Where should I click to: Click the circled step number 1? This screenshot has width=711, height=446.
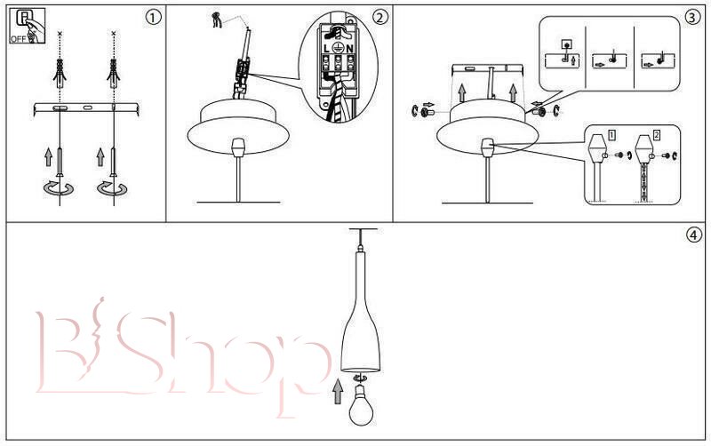[153, 17]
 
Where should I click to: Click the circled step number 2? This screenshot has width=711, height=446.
[380, 17]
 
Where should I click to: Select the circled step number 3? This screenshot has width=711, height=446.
[692, 17]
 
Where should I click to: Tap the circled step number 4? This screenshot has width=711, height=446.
[694, 235]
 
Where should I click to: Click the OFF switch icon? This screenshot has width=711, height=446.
[27, 26]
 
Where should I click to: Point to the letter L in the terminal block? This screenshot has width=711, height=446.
[327, 48]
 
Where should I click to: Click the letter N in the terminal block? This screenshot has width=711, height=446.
[349, 48]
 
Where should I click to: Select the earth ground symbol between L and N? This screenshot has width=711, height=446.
[338, 48]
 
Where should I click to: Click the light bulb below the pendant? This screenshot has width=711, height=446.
[361, 405]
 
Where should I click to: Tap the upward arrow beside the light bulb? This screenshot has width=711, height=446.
[338, 392]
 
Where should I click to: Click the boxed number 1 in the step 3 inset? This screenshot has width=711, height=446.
[611, 135]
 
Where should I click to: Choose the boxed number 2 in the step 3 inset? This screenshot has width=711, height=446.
[657, 135]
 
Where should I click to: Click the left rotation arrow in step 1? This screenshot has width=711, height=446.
[58, 187]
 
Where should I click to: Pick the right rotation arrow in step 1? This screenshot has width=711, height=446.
[112, 187]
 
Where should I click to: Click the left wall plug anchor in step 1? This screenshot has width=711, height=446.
[60, 73]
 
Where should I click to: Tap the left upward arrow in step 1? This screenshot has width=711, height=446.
[49, 156]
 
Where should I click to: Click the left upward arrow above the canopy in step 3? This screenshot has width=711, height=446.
[461, 92]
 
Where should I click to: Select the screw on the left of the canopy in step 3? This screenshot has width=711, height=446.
[427, 110]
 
